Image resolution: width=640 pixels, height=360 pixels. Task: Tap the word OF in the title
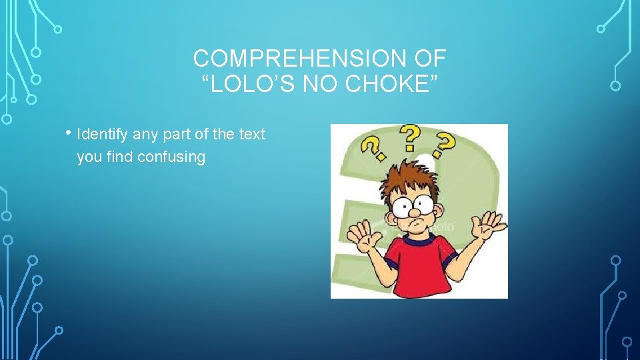coord(430,59)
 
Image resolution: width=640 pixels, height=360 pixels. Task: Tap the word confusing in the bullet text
coord(171,157)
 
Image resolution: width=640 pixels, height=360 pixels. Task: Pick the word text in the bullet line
coord(252,134)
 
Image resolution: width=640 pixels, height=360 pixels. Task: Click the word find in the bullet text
coord(120,157)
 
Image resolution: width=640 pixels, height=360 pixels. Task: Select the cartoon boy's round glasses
coord(416,204)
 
